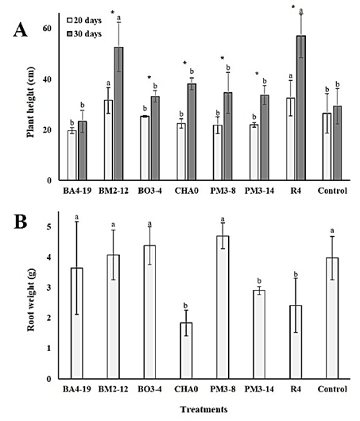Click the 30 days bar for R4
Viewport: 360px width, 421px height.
click(x=301, y=108)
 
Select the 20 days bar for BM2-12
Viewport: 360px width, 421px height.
click(x=108, y=140)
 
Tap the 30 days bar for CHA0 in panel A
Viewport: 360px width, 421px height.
click(x=192, y=132)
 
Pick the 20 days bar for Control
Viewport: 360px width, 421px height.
click(x=327, y=147)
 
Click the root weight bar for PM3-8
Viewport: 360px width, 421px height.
click(x=223, y=307)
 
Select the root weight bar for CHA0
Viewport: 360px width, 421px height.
click(x=186, y=350)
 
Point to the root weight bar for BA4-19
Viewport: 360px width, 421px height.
click(x=77, y=323)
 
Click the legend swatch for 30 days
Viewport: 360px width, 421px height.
click(x=70, y=34)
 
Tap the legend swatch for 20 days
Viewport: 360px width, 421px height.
click(x=70, y=21)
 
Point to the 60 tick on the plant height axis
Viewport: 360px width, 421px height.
click(x=47, y=28)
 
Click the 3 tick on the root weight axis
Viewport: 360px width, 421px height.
click(x=48, y=288)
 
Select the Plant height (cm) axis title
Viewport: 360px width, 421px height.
click(x=31, y=102)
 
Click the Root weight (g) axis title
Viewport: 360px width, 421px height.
click(x=31, y=300)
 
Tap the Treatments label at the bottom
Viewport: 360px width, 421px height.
click(x=203, y=409)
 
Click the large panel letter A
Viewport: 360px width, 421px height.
click(x=21, y=29)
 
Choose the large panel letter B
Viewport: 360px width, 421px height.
click(x=21, y=222)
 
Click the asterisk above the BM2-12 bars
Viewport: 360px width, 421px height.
click(x=113, y=13)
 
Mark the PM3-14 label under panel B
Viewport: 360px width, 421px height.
click(x=259, y=388)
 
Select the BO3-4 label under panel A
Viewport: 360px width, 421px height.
click(x=150, y=191)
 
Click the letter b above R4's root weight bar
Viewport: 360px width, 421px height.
click(x=296, y=274)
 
